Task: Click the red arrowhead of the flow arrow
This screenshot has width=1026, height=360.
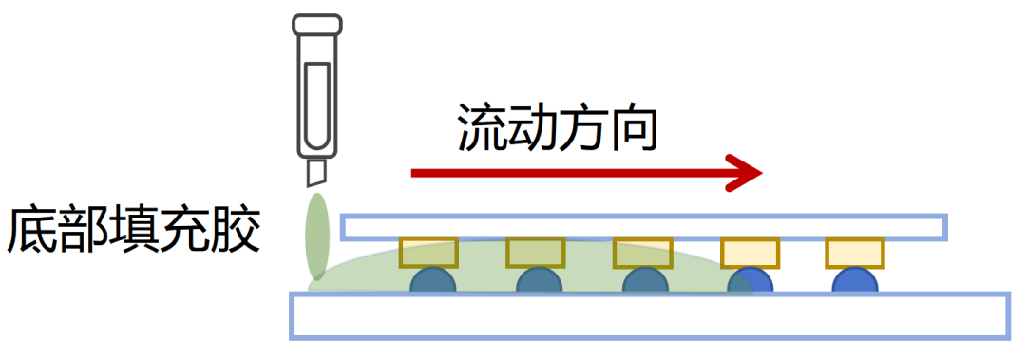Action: point(746,173)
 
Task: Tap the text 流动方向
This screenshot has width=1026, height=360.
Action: point(556,127)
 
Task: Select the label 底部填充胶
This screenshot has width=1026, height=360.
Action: point(133,230)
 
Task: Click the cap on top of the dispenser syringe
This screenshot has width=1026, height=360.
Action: point(316,25)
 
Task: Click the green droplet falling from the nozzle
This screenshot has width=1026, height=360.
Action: point(316,236)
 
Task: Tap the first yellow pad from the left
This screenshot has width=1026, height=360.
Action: point(428,253)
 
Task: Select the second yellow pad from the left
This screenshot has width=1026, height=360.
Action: point(535,253)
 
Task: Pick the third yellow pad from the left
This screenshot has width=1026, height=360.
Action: point(642,253)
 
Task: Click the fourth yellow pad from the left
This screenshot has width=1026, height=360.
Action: point(750,253)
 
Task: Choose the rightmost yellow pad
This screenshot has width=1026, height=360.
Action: point(855,253)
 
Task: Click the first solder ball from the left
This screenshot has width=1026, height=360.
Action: point(432,280)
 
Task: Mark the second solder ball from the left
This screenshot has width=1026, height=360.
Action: point(540,280)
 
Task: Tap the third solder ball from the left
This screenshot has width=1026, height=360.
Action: point(645,280)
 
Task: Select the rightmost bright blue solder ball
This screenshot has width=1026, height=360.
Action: point(855,280)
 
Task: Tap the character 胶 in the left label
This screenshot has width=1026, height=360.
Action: point(237,230)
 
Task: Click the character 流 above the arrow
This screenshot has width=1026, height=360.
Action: point(481,127)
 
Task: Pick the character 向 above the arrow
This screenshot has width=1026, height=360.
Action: point(632,127)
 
